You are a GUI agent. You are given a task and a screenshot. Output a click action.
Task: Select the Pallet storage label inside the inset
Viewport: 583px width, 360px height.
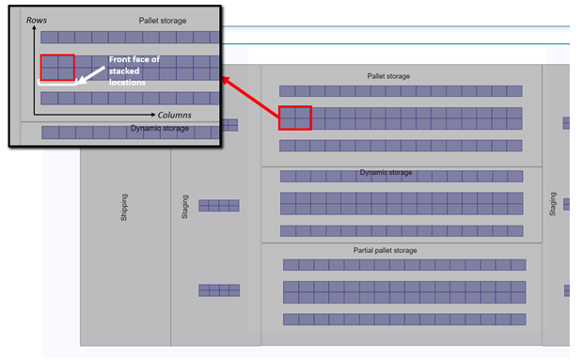coord(163,20)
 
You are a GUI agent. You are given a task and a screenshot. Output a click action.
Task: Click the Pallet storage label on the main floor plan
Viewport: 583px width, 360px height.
coord(388,76)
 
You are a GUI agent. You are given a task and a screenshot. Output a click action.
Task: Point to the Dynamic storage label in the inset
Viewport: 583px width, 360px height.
coord(160,128)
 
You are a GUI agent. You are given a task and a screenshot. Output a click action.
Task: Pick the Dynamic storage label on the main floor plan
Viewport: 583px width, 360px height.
coord(386,173)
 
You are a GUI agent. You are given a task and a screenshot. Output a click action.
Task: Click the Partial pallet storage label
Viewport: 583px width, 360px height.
coord(386,250)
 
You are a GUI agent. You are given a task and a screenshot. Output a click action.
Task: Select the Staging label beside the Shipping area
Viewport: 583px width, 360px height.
coord(184,206)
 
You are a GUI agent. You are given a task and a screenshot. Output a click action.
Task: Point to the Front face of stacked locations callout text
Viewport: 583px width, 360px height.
coord(134,70)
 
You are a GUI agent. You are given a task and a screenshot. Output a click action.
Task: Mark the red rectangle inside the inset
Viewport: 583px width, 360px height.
coord(56,68)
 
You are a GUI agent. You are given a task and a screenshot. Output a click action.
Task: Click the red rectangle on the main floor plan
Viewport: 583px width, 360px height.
coord(295,117)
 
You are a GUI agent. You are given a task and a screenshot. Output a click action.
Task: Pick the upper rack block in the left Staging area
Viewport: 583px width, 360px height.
coord(218,205)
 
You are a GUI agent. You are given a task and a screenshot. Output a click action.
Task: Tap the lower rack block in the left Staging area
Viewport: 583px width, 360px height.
coord(218,290)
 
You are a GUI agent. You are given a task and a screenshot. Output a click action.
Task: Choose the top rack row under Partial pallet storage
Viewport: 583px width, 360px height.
coord(403,265)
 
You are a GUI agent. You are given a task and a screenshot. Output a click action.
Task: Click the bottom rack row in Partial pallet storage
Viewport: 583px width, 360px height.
coord(403,320)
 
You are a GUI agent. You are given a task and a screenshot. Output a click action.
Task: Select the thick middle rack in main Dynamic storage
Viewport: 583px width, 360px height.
coord(402,203)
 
